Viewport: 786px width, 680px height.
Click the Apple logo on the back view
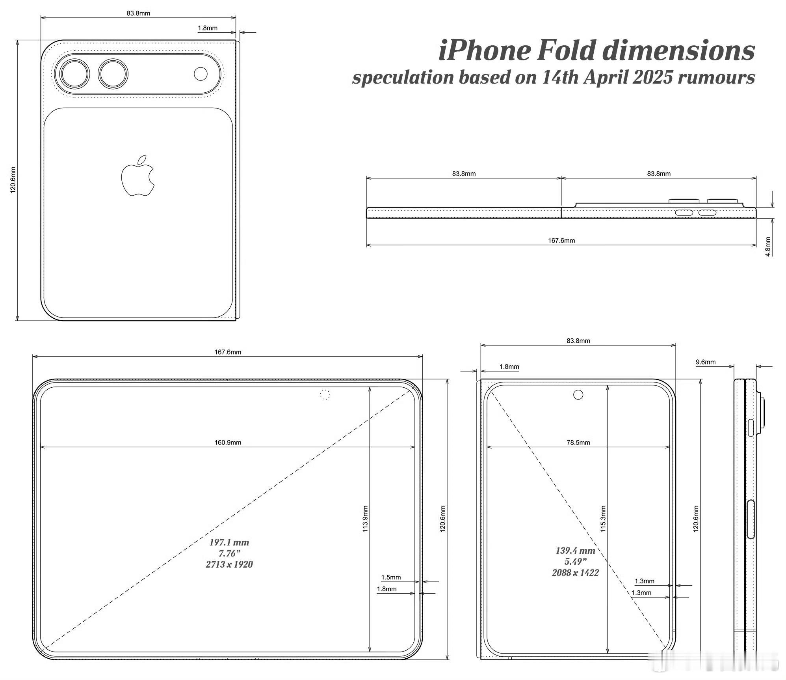pos(138,176)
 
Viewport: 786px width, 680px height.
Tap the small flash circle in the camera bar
pos(201,74)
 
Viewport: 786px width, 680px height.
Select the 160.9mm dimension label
pos(228,442)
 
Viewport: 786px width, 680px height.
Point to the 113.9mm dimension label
pos(365,519)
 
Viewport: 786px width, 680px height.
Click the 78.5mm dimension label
pos(578,442)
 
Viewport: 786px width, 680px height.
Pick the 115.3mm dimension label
pos(603,519)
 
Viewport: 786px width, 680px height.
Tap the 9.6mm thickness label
pos(706,362)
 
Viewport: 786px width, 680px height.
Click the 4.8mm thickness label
pos(768,247)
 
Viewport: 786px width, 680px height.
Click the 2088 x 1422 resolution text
pos(575,573)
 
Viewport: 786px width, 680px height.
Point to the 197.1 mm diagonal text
pos(229,542)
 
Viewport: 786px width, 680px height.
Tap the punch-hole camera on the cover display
pos(578,394)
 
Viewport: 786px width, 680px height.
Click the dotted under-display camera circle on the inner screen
pos(325,394)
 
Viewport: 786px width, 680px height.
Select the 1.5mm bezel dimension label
pos(391,577)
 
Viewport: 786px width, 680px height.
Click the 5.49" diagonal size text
pos(575,562)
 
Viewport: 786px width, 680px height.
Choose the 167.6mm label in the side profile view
pos(561,241)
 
